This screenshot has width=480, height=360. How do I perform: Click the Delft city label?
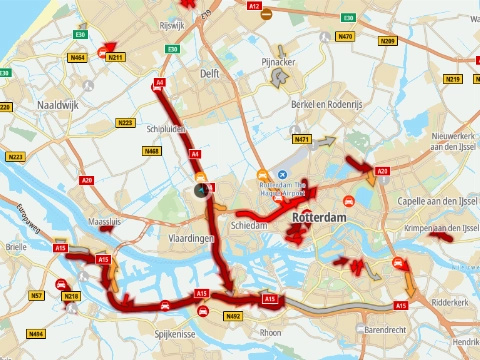(209, 74)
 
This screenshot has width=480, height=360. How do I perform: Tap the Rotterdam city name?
(319, 217)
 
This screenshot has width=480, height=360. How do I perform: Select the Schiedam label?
(251, 226)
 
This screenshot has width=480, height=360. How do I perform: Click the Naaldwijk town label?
(57, 105)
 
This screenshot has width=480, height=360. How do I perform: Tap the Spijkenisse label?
(173, 333)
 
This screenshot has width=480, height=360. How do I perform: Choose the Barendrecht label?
(384, 328)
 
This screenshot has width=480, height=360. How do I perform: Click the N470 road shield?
(345, 37)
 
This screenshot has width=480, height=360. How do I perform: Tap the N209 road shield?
(389, 41)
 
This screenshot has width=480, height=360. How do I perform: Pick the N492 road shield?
(233, 316)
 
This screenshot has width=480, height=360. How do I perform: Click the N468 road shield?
(152, 151)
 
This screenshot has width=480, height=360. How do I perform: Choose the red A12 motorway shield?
(254, 6)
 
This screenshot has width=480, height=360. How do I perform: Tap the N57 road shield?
(36, 296)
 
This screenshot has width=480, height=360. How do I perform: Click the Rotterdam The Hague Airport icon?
(266, 173)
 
